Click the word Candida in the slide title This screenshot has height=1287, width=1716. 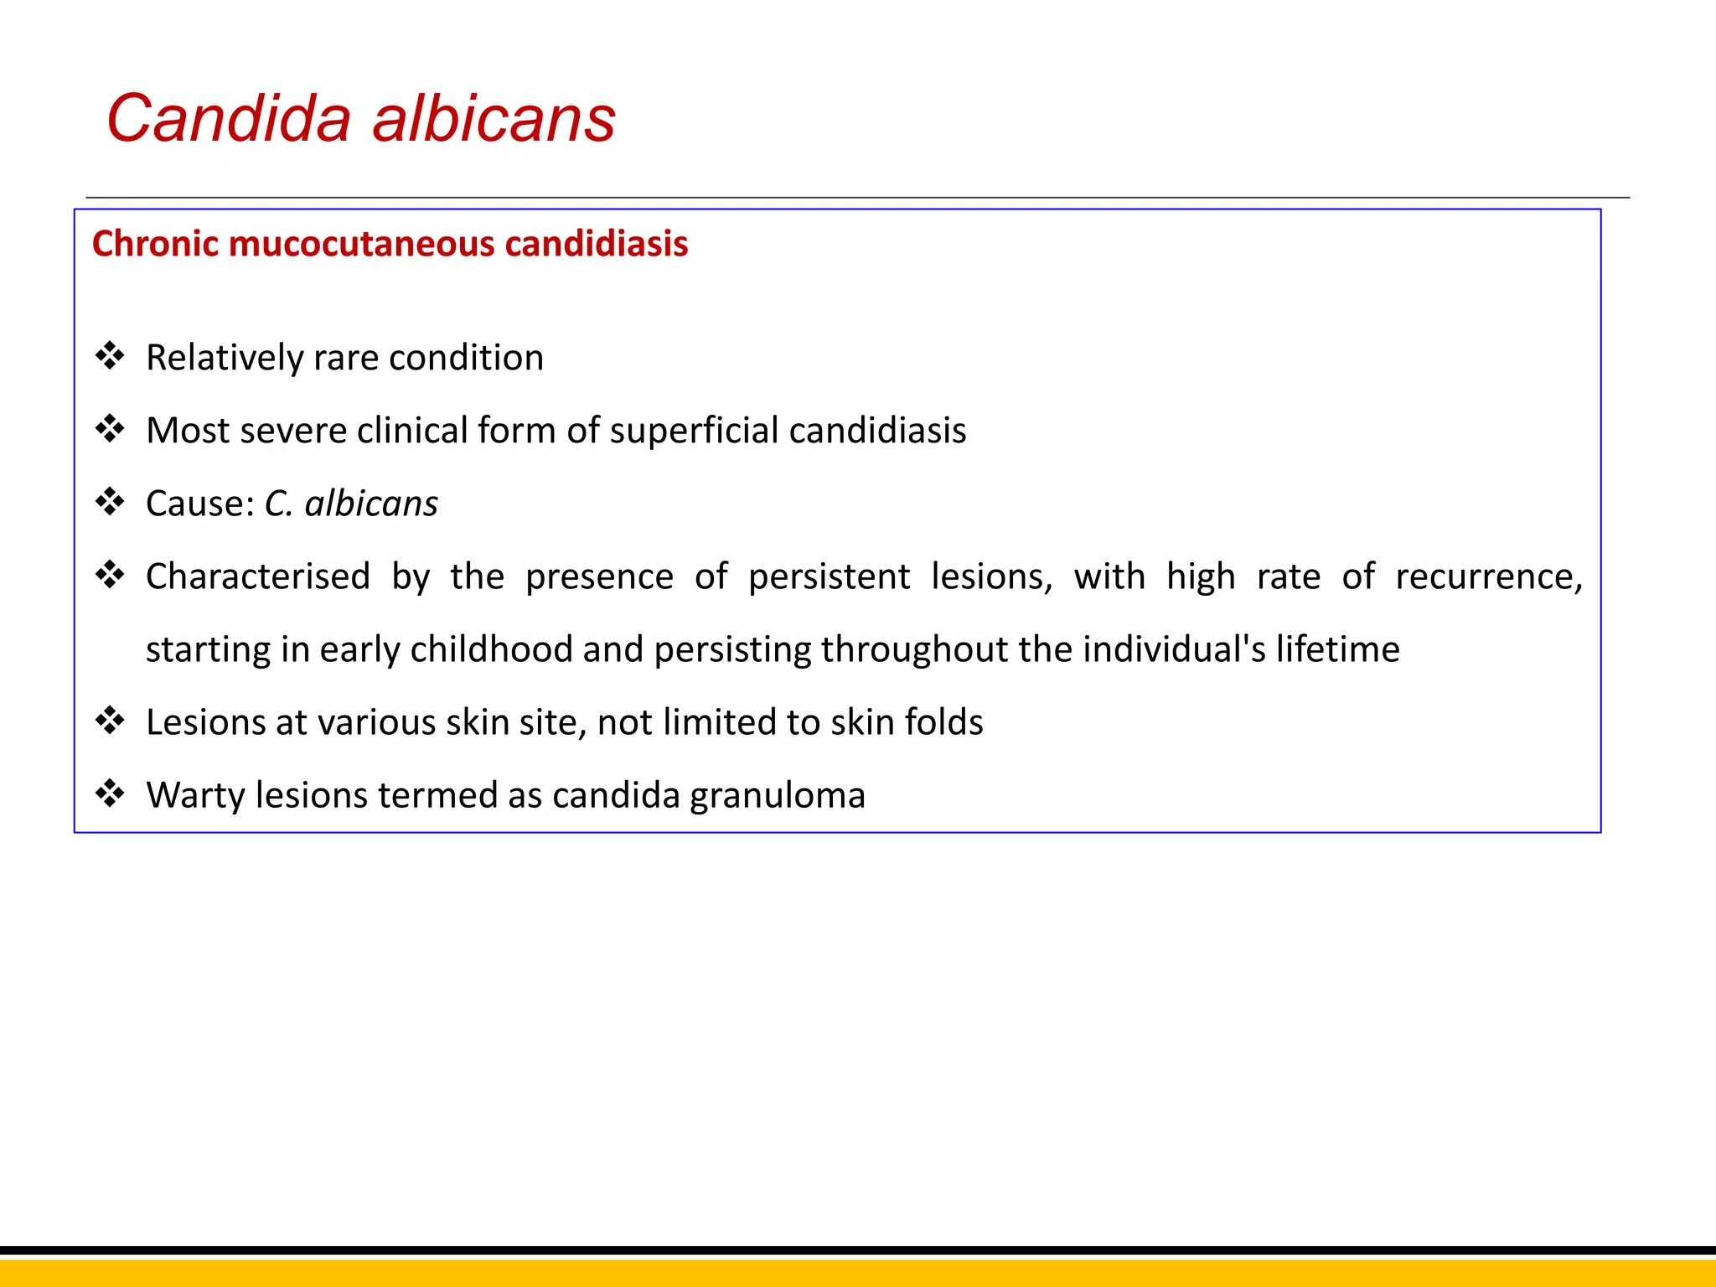229,118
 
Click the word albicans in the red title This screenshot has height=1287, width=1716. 494,118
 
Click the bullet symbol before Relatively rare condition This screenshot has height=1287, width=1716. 110,356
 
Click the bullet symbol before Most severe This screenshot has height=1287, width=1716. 110,429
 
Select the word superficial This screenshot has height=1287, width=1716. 693,431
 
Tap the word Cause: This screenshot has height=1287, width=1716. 199,504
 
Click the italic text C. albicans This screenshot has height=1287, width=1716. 351,504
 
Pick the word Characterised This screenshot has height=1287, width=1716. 257,576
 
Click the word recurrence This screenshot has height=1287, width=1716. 1487,576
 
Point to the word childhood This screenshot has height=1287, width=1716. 491,649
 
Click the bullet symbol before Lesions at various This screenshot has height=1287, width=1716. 110,721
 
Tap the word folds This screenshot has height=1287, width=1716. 943,722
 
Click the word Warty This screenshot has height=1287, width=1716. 195,795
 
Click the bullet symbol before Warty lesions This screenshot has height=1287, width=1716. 110,793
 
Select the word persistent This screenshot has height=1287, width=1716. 828,576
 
